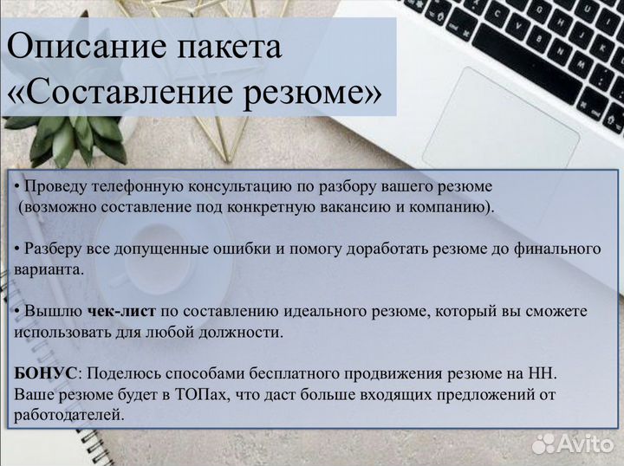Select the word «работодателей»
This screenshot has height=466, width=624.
coord(68,415)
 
